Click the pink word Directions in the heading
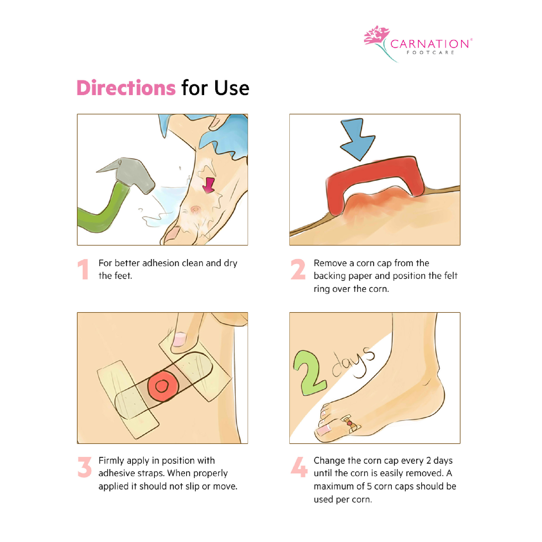point(126,88)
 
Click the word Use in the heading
point(231,88)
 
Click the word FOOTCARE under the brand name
point(430,53)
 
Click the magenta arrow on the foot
point(209,185)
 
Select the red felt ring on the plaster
point(163,386)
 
